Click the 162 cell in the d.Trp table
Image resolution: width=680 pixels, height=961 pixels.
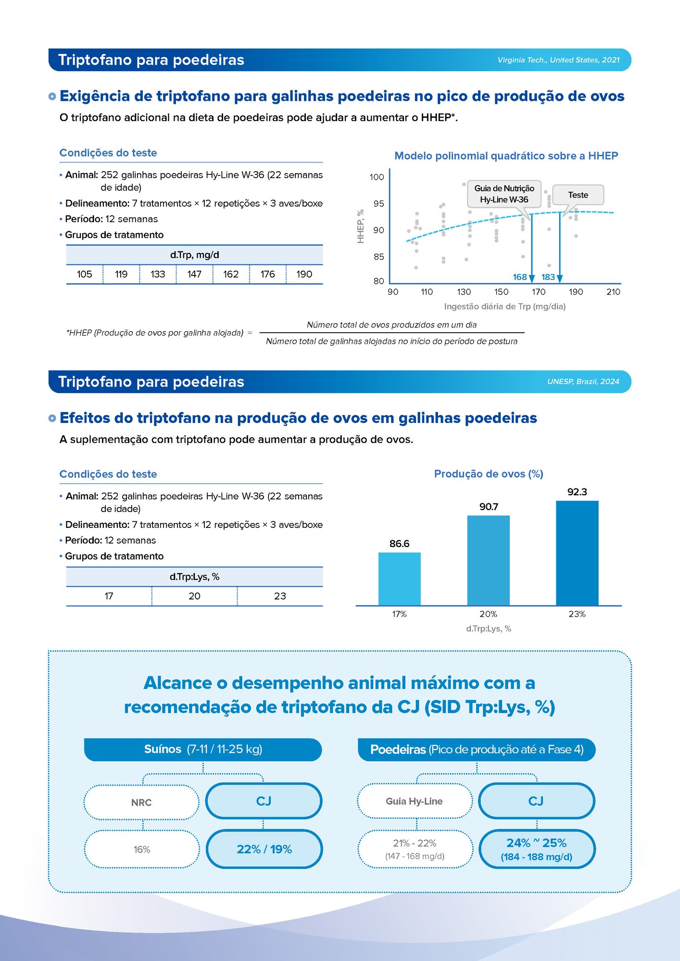pos(231,274)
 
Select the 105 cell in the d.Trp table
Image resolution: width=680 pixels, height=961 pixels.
pos(84,274)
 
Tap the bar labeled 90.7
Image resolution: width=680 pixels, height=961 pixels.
pos(488,560)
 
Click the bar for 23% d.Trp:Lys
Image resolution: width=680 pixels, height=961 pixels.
pos(577,553)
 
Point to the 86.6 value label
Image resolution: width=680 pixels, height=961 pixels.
pos(399,544)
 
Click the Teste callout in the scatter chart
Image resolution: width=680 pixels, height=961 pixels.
pos(578,195)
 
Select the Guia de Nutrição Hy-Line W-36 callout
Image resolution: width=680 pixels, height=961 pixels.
pos(504,194)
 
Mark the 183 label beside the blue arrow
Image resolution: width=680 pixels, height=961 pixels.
pos(548,277)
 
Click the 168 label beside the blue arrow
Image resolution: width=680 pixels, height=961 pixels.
pos(519,277)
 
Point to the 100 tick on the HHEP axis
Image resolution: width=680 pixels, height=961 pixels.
pos(377,177)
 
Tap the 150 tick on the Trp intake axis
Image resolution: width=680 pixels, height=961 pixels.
pos(501,292)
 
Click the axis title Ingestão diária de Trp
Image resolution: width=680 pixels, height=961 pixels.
pos(504,306)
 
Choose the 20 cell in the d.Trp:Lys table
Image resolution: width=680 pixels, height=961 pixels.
pos(194,596)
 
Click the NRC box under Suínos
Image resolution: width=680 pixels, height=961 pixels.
pos(141,802)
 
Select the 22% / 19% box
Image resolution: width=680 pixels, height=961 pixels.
pos(264,849)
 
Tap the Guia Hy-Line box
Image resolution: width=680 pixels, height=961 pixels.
pos(414,801)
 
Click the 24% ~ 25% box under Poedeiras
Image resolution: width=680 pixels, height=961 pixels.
pos(537,849)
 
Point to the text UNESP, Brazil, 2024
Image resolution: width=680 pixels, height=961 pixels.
pos(583,381)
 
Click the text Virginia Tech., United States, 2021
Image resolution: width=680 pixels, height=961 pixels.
pos(558,60)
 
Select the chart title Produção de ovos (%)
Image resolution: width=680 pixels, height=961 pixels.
pos(489,474)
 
